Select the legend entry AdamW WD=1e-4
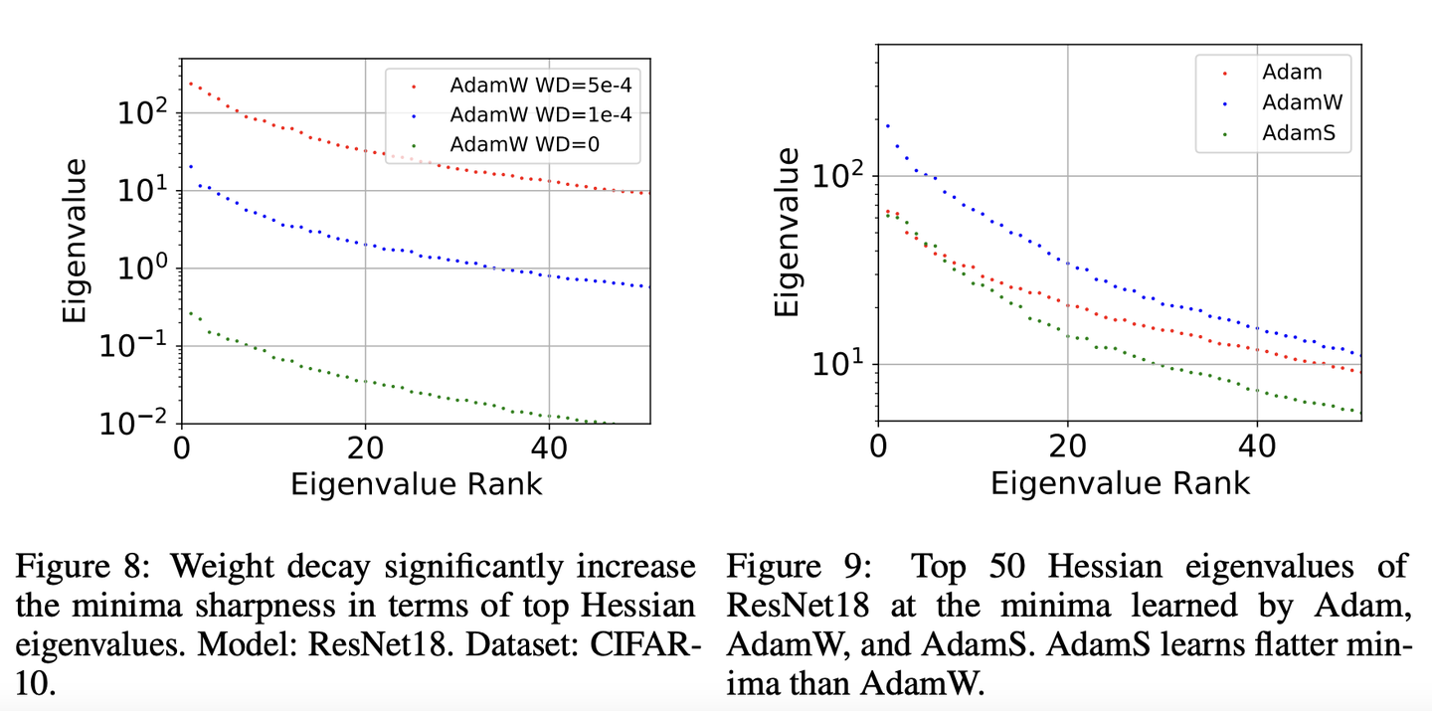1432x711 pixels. point(536,114)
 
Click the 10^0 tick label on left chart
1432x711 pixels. point(145,268)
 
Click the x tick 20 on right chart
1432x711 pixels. point(1068,448)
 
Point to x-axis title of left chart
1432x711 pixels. point(416,484)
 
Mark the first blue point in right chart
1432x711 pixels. point(887,125)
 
